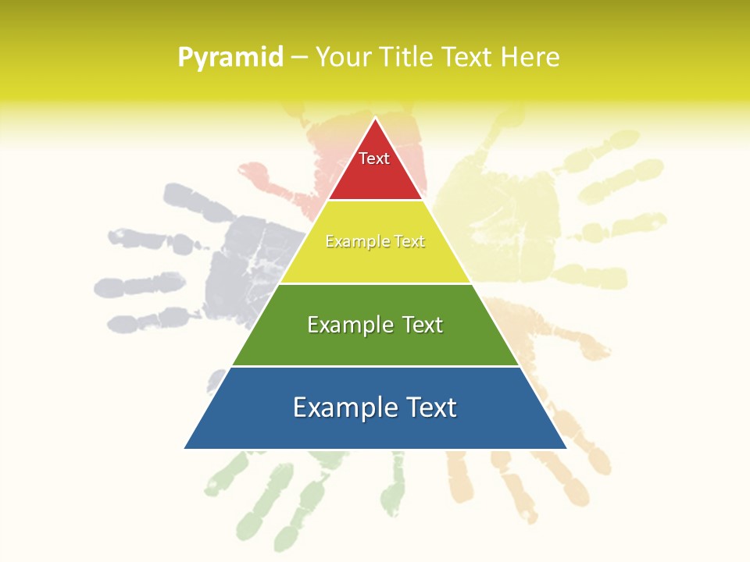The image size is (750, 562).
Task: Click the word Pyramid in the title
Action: (230, 58)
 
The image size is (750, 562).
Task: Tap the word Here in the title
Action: (530, 58)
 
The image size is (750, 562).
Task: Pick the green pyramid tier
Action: (375, 343)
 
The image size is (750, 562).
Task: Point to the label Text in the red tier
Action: (374, 158)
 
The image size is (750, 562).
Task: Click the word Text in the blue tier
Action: (428, 407)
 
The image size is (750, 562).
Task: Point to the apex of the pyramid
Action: (376, 119)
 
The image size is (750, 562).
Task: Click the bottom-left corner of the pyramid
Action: (186, 447)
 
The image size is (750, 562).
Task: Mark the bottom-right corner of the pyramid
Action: (565, 447)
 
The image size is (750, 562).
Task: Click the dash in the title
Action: (299, 58)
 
